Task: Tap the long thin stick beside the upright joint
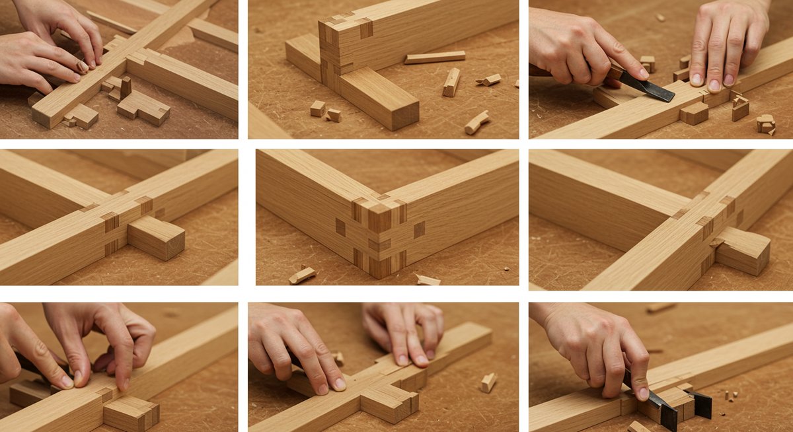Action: click(435, 57)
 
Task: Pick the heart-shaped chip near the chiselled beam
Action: click(765, 123)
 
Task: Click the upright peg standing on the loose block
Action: click(126, 87)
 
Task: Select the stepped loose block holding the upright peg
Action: click(143, 107)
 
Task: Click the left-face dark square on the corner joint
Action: click(340, 227)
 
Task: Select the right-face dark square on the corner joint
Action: click(419, 230)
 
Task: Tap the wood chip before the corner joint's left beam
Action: click(302, 275)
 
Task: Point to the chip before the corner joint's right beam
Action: click(428, 280)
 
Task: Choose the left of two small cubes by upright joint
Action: click(318, 108)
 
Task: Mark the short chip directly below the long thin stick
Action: click(452, 82)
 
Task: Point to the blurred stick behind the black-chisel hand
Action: click(661, 307)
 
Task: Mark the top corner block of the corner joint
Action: click(380, 217)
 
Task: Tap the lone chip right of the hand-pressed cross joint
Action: click(488, 382)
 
